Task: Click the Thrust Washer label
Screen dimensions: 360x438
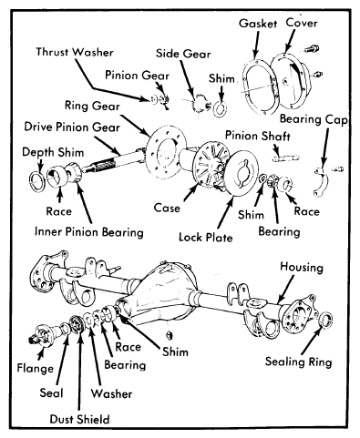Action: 75,52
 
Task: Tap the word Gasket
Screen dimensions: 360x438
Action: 258,24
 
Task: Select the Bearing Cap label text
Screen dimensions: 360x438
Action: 314,119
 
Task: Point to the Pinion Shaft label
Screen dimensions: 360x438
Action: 258,136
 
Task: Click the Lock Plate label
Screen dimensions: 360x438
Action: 206,237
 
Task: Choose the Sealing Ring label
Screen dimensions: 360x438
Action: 298,362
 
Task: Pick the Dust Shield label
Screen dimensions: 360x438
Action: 79,419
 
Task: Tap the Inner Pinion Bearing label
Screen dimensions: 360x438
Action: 89,232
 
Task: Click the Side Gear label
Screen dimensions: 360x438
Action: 183,54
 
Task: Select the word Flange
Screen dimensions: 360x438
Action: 36,368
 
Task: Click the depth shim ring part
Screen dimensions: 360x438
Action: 37,181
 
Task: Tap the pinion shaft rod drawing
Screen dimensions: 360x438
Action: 285,158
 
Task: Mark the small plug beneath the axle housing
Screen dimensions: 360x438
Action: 170,335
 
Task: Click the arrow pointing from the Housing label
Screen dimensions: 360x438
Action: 285,289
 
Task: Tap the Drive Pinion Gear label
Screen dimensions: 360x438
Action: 72,127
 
